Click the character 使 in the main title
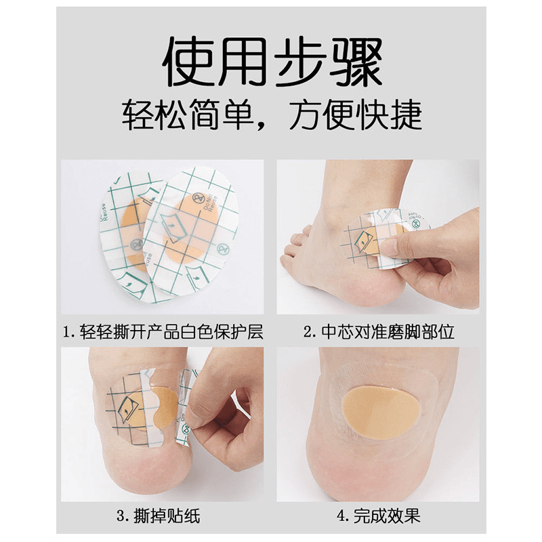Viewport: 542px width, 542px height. click(x=189, y=62)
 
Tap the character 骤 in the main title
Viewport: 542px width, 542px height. click(x=356, y=62)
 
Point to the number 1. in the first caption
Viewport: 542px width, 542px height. click(x=68, y=332)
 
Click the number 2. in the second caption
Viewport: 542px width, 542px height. click(x=310, y=332)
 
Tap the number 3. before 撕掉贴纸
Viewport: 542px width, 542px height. click(x=123, y=517)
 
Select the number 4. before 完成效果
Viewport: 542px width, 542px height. click(x=343, y=516)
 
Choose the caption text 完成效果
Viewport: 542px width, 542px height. click(x=386, y=516)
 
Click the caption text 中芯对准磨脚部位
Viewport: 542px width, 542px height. click(x=388, y=332)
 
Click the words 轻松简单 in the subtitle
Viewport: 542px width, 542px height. click(x=187, y=114)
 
